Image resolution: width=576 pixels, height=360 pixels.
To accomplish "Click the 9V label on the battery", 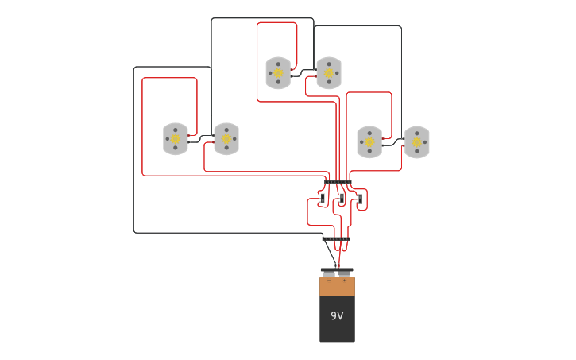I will coord(337,316).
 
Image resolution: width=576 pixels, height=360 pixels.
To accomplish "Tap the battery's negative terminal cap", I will coord(329,275).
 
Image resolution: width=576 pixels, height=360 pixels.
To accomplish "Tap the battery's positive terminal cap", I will coord(345,275).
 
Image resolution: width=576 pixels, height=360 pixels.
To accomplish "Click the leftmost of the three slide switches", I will coord(322,198).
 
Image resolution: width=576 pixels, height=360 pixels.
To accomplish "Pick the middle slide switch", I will coord(341,198).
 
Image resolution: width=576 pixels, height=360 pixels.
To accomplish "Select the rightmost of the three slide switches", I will coord(359,198).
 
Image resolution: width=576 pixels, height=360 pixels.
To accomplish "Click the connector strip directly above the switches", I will coord(338,183).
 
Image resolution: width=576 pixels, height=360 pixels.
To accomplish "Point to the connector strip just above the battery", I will coord(336,238).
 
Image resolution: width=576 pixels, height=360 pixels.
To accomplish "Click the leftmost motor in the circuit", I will coord(176,139).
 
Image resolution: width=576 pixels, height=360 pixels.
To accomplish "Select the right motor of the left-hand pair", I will coord(226,139).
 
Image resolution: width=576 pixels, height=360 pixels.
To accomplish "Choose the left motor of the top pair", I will coord(278,73).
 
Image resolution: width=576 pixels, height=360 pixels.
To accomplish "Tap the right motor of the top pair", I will coord(329,73).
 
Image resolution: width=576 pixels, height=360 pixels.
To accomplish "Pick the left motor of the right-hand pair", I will coord(369,142).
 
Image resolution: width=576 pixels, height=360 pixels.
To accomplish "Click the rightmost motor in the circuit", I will coord(417,142).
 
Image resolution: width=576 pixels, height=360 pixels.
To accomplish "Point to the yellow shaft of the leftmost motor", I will coord(176,139).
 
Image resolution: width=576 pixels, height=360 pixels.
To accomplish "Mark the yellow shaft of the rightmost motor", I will coord(417,142).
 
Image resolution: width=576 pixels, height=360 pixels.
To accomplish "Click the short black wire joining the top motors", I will coord(303,75).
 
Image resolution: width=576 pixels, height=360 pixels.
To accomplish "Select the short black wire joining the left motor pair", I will coord(201,140).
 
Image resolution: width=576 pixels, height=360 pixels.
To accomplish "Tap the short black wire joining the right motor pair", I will coord(393,143).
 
